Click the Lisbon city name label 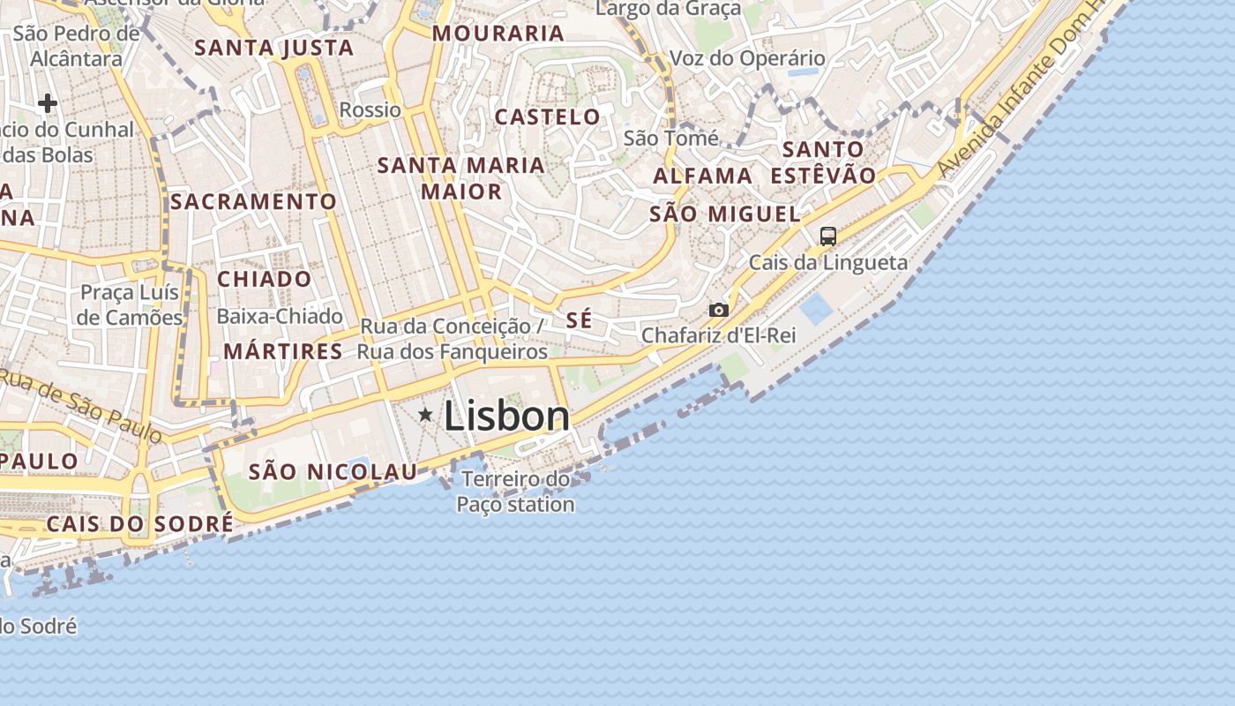(506, 416)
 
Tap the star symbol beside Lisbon (426, 414)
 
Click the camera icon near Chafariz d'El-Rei (719, 310)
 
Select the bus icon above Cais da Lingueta (827, 236)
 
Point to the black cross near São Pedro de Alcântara (48, 104)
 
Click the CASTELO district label (547, 116)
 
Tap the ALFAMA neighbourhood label (703, 176)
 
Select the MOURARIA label (498, 34)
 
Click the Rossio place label (370, 110)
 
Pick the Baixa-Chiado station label (280, 316)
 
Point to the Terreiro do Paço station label (516, 492)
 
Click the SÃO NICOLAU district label (333, 472)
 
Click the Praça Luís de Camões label (130, 304)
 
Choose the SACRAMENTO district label (253, 201)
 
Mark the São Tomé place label (670, 139)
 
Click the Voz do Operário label (748, 58)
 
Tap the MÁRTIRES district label (282, 351)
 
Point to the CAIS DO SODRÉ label (139, 523)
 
